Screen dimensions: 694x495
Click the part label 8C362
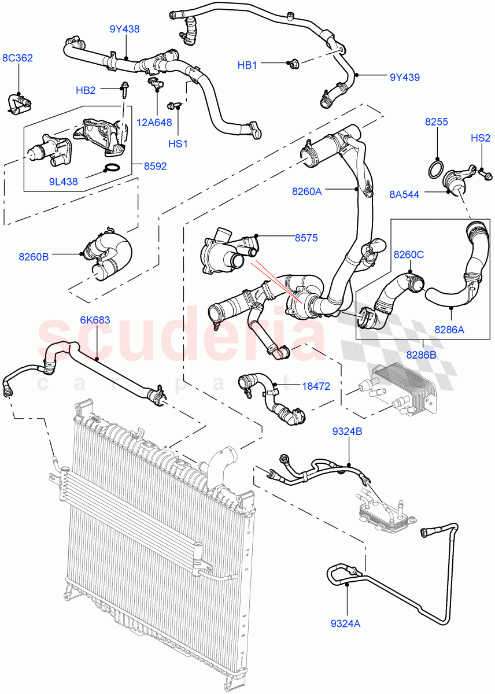tap(17, 58)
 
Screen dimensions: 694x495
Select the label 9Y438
tap(124, 29)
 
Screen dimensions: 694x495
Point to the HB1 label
tap(247, 65)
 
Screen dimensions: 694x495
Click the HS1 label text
tap(179, 143)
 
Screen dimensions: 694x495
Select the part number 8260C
tap(409, 254)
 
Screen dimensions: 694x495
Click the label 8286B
tap(422, 355)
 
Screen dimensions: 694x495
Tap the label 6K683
tap(95, 320)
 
